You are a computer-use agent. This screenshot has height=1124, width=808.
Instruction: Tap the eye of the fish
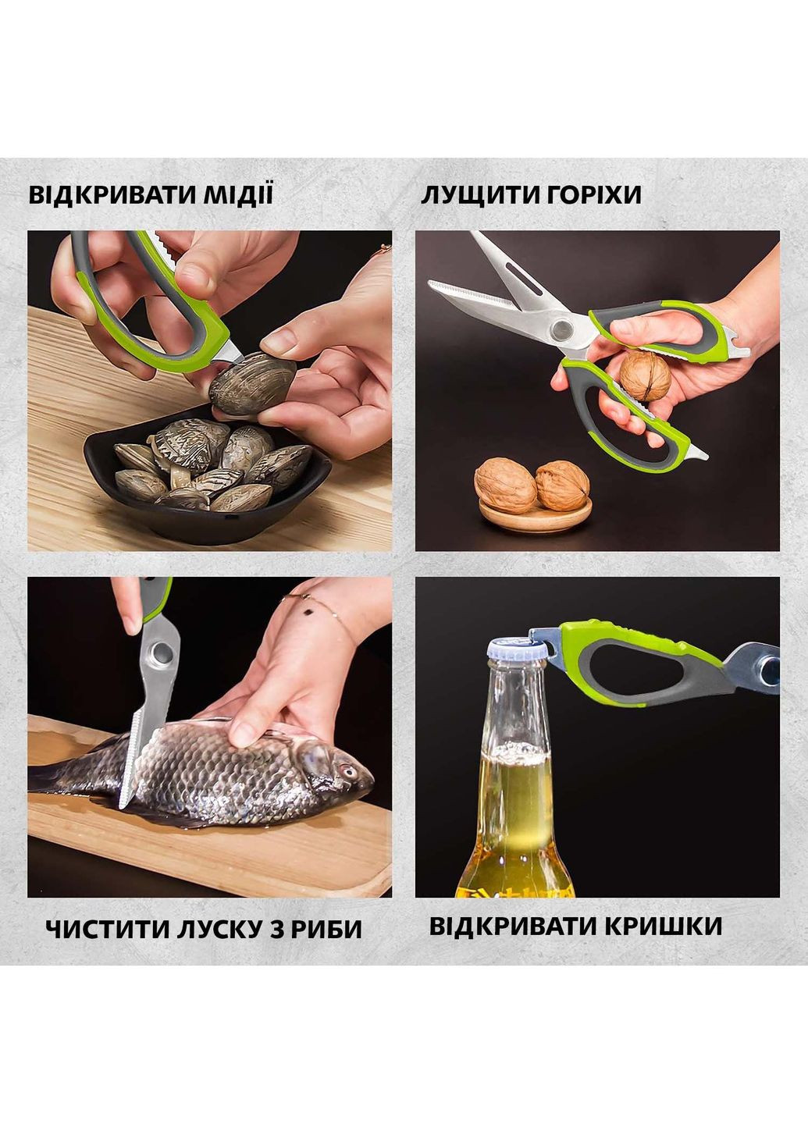tap(345, 773)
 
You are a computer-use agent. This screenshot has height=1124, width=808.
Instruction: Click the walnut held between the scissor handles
tap(645, 376)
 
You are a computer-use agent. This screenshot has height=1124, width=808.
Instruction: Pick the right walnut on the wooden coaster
tap(562, 485)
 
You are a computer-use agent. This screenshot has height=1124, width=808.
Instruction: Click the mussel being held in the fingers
tap(252, 384)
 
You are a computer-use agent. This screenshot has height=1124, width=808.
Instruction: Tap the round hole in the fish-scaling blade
tap(162, 652)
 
